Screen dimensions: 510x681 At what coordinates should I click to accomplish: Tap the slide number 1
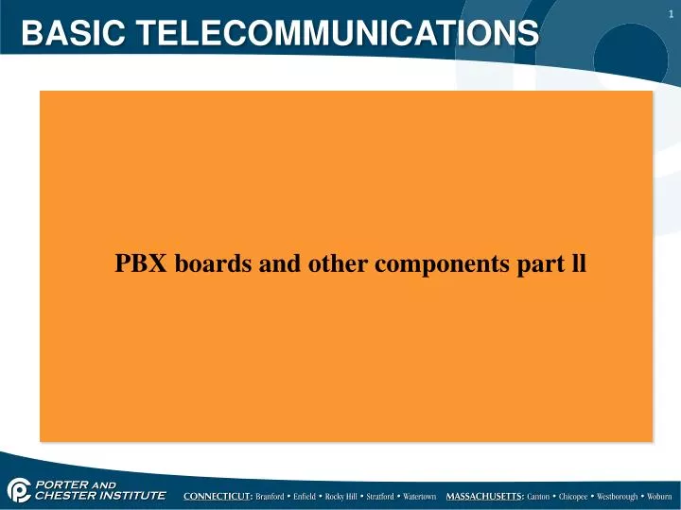point(670,12)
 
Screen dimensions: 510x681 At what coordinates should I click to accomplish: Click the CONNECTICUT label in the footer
point(218,496)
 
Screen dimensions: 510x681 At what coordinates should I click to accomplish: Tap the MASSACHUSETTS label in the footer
point(485,496)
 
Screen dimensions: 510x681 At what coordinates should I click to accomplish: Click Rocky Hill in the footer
point(341,496)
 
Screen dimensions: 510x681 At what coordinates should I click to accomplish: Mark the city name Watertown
point(419,496)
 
